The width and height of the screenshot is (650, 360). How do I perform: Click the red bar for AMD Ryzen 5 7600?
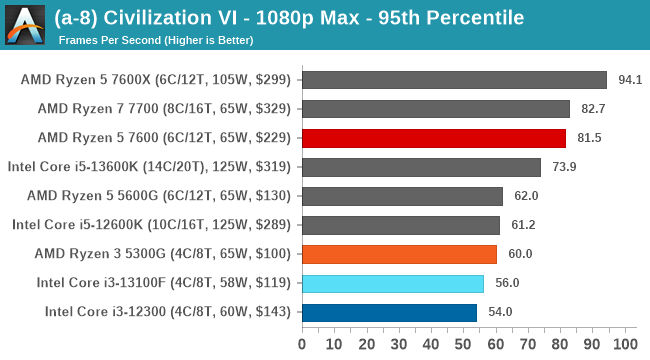(x=433, y=138)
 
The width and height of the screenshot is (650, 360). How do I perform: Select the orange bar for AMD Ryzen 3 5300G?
(x=398, y=254)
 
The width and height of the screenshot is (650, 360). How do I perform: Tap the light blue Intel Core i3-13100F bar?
(x=392, y=283)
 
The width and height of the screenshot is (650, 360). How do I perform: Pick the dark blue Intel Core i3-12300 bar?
(x=388, y=312)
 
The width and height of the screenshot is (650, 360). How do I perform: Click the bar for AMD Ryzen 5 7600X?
(x=453, y=80)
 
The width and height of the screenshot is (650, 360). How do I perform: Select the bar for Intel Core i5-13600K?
(x=420, y=167)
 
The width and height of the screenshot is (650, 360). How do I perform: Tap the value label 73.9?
(x=561, y=167)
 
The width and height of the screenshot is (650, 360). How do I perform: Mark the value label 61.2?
(x=520, y=225)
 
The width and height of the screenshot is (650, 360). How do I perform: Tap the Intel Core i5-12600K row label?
(x=152, y=225)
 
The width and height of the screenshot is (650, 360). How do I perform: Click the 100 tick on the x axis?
(x=623, y=344)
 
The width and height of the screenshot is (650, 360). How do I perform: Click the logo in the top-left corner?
(x=24, y=25)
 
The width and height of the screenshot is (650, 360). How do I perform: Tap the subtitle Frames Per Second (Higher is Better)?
(x=156, y=40)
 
